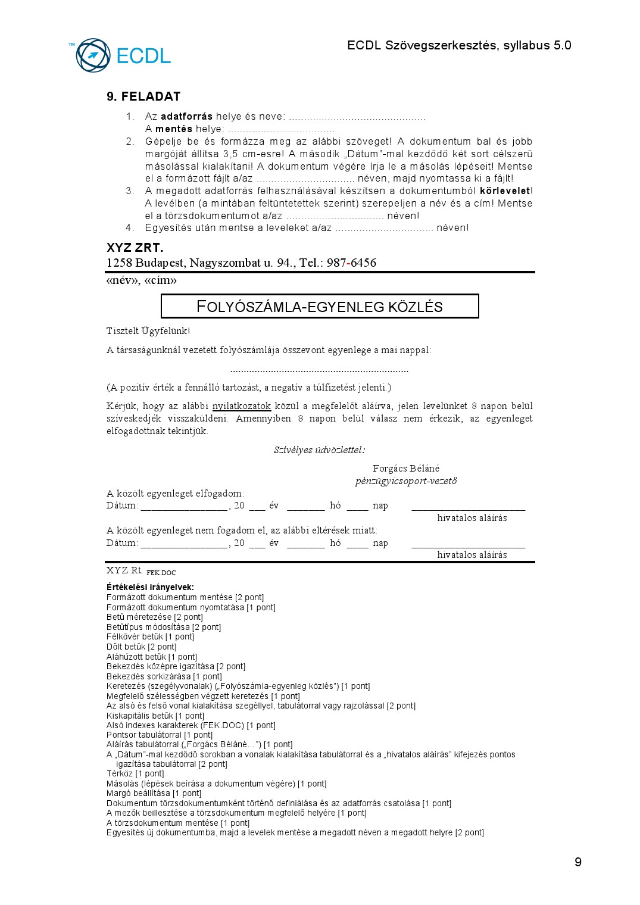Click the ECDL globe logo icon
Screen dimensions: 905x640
point(93,55)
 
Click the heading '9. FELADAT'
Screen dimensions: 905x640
point(143,96)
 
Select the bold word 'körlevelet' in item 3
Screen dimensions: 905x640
point(505,191)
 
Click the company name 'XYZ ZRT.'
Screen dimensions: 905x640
point(135,248)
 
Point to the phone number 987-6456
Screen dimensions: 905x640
point(351,263)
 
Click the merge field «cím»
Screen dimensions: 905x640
point(160,280)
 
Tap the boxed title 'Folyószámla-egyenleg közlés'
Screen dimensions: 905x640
point(320,307)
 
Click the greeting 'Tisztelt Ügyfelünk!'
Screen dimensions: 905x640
point(148,331)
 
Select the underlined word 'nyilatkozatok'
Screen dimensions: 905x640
point(242,406)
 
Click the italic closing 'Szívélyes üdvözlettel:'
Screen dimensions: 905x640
point(320,450)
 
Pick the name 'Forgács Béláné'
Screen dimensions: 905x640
point(406,469)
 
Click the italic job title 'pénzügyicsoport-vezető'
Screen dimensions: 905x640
point(406,481)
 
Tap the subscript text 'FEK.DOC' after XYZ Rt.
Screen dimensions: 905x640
point(161,573)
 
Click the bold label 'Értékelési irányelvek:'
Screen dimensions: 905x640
point(150,587)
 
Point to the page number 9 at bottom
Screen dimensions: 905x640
point(577,862)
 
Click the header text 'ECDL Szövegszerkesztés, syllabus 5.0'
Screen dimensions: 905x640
point(459,46)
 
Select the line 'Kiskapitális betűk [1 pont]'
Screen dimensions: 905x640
point(155,716)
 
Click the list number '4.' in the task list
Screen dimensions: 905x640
point(130,228)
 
